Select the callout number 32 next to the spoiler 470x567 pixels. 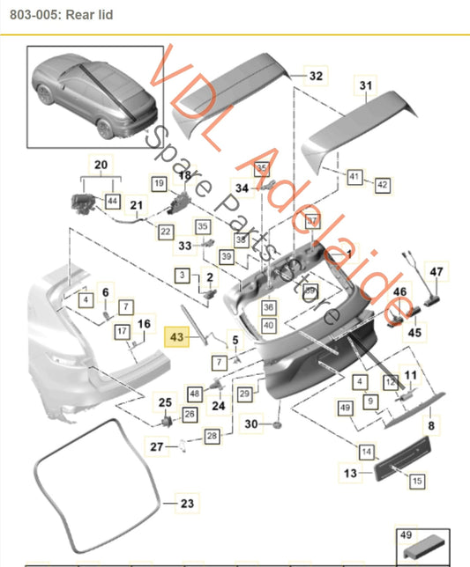pos(316,77)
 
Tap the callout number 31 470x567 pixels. pos(365,85)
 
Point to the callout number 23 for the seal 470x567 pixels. pos(186,504)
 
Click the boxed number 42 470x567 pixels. pos(382,185)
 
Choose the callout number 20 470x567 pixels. pos(100,165)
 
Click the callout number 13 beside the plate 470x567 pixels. pos(350,474)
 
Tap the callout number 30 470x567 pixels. pos(252,424)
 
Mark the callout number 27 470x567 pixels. pos(157,447)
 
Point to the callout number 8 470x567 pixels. pos(431,425)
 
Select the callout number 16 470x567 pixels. pos(144,325)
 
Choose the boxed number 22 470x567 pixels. pos(165,231)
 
